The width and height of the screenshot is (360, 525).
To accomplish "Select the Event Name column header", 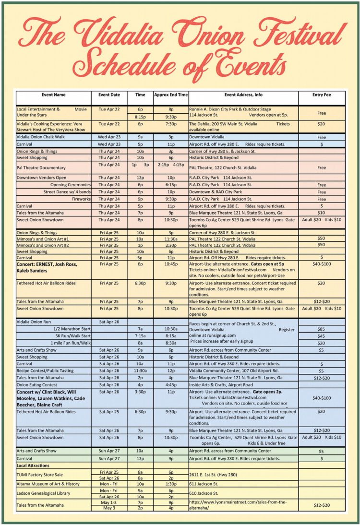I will point(53,95).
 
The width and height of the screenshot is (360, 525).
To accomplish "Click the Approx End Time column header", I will point(170,95).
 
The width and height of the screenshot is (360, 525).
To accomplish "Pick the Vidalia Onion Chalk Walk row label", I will point(40,137).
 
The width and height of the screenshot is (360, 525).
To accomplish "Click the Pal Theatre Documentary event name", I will point(41,167).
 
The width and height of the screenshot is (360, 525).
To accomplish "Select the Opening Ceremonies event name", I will point(70,185).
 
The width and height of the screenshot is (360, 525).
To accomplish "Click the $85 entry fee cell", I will point(322,329).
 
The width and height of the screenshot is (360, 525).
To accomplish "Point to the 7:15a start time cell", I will point(140,336).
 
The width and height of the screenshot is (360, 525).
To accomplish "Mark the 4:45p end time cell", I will point(170,384).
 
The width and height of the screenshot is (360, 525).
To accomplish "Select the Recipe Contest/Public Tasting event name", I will point(47,371).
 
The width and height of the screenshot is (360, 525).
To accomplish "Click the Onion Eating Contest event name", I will point(37,384).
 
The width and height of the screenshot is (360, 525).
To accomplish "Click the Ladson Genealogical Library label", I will point(44,493).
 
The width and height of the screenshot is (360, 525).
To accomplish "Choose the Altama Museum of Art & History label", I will point(48,484).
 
